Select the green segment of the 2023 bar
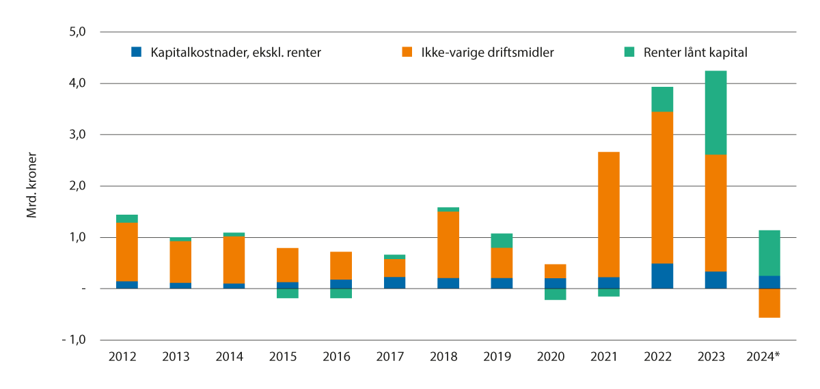pyautogui.click(x=715, y=112)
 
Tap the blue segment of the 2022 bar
pyautogui.click(x=661, y=276)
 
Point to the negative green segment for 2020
pyautogui.click(x=555, y=294)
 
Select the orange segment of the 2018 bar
pyautogui.click(x=448, y=245)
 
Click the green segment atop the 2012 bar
pyautogui.click(x=127, y=218)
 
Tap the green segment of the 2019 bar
pyautogui.click(x=502, y=240)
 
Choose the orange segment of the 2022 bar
pyautogui.click(x=661, y=187)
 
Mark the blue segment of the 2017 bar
pyautogui.click(x=395, y=282)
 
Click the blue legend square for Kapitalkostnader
pyautogui.click(x=137, y=52)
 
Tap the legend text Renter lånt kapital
pyautogui.click(x=696, y=52)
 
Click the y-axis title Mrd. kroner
pyautogui.click(x=31, y=186)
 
